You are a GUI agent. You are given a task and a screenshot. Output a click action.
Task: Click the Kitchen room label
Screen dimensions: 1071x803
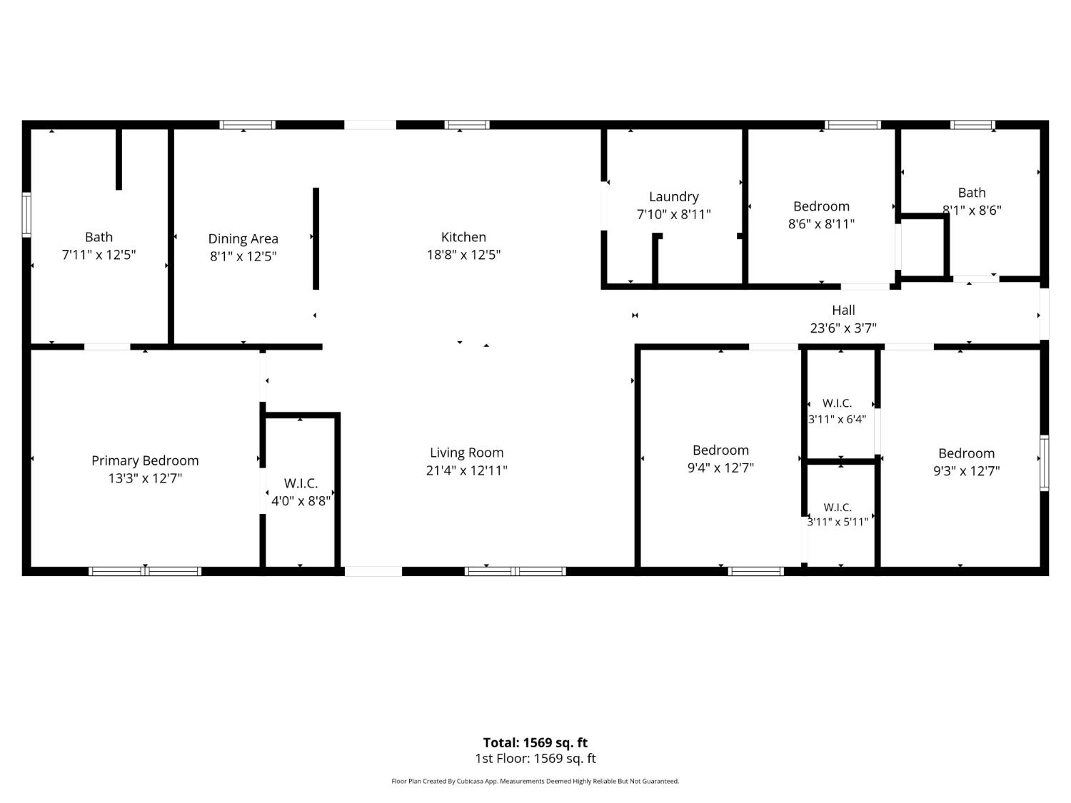click(463, 237)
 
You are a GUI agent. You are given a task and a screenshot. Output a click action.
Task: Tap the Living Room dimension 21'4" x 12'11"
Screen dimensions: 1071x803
click(466, 470)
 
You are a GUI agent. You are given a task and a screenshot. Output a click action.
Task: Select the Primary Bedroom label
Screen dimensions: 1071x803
click(145, 460)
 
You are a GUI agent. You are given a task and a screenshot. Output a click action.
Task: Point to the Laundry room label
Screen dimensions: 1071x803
click(673, 197)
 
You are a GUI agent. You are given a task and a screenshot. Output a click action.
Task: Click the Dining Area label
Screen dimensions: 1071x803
click(243, 239)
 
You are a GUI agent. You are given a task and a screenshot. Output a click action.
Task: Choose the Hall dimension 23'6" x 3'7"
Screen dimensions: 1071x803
click(843, 328)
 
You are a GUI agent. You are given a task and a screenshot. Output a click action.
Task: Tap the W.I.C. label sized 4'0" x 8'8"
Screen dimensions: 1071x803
click(301, 483)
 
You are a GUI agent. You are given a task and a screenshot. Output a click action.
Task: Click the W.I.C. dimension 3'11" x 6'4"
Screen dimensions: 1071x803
click(837, 419)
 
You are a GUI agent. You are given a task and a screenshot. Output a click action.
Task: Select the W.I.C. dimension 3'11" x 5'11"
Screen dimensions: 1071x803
click(838, 522)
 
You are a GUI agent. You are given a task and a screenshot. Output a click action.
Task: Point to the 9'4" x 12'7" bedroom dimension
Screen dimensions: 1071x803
click(720, 468)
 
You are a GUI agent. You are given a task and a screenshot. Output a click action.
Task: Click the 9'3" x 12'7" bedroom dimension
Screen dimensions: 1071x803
click(966, 471)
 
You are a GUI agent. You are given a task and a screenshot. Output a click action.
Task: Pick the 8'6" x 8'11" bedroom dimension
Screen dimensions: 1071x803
click(821, 224)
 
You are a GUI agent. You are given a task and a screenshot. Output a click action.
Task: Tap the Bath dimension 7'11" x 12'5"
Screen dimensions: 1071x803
click(99, 255)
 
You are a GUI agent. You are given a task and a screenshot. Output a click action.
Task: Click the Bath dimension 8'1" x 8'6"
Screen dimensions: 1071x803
click(972, 210)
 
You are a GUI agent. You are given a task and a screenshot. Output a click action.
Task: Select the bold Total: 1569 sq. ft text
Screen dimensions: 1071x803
click(535, 742)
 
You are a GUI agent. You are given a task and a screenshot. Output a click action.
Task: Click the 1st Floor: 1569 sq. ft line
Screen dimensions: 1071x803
click(535, 759)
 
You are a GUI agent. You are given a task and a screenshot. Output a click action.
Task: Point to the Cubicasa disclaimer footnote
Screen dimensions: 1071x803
click(535, 781)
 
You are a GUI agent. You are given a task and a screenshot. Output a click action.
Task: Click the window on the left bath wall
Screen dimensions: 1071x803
click(26, 215)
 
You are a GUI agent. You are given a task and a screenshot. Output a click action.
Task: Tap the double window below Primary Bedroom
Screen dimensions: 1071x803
click(145, 572)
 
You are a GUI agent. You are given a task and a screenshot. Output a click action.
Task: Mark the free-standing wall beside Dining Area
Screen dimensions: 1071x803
click(316, 239)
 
